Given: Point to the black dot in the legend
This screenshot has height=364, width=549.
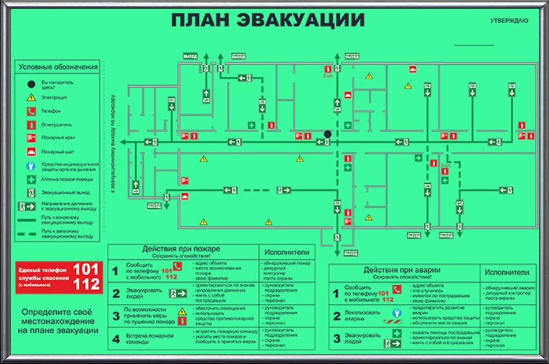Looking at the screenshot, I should (31, 84).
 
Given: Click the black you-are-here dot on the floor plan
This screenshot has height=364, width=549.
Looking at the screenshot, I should (328, 134).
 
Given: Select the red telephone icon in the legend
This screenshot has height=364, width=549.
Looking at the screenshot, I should (31, 111).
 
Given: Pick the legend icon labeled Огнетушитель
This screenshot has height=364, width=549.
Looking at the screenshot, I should (31, 124).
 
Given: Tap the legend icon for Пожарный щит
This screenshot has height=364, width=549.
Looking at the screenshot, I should (31, 152).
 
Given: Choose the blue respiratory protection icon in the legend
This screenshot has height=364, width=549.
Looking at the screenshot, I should (31, 166).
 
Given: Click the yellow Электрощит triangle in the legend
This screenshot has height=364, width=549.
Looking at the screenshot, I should (31, 97).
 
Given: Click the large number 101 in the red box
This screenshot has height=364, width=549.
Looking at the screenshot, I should (86, 269).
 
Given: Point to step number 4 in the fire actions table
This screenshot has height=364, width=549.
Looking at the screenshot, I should (115, 339).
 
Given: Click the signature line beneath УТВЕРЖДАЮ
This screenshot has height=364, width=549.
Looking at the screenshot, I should (474, 45).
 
